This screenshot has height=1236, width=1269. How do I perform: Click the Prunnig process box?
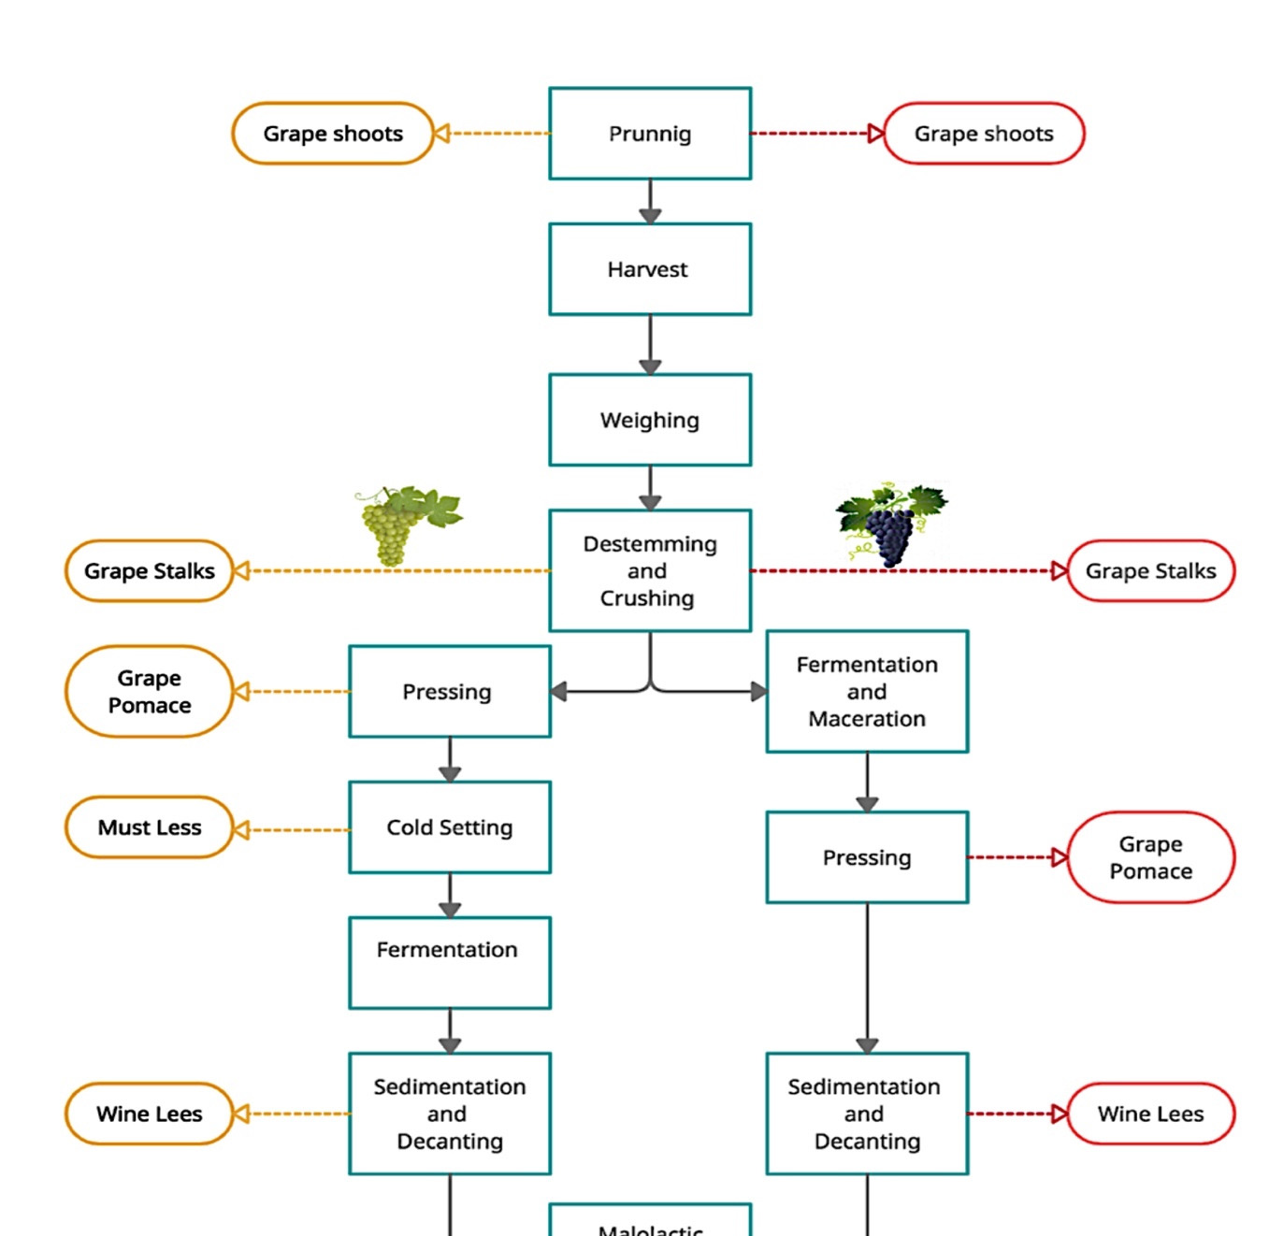[x=650, y=133]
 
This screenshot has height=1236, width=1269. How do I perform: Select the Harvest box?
[x=650, y=269]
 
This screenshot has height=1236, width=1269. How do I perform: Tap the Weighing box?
[x=650, y=420]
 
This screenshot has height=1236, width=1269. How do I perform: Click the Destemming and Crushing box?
[x=650, y=571]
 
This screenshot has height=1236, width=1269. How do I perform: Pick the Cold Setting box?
[x=449, y=827]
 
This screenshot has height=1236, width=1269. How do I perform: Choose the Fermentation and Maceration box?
[x=867, y=692]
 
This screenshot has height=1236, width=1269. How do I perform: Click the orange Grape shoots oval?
[x=333, y=133]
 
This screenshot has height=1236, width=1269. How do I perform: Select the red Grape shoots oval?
[x=984, y=133]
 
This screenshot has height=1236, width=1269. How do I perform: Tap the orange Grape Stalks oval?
[x=150, y=571]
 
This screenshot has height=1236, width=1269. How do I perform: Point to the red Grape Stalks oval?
[x=1150, y=571]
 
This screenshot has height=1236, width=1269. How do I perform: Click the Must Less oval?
[x=150, y=827]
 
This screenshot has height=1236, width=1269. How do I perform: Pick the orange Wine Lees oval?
[x=150, y=1114]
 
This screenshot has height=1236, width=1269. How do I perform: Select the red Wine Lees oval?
[x=1150, y=1114]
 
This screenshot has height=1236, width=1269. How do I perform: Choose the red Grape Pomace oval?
[x=1150, y=857]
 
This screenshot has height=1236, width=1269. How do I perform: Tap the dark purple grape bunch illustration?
[x=891, y=525]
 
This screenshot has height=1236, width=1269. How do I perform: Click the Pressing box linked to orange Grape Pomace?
[x=449, y=692]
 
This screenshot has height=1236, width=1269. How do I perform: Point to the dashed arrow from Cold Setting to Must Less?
[x=292, y=830]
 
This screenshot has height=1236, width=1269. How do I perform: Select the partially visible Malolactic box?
[x=650, y=1220]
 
